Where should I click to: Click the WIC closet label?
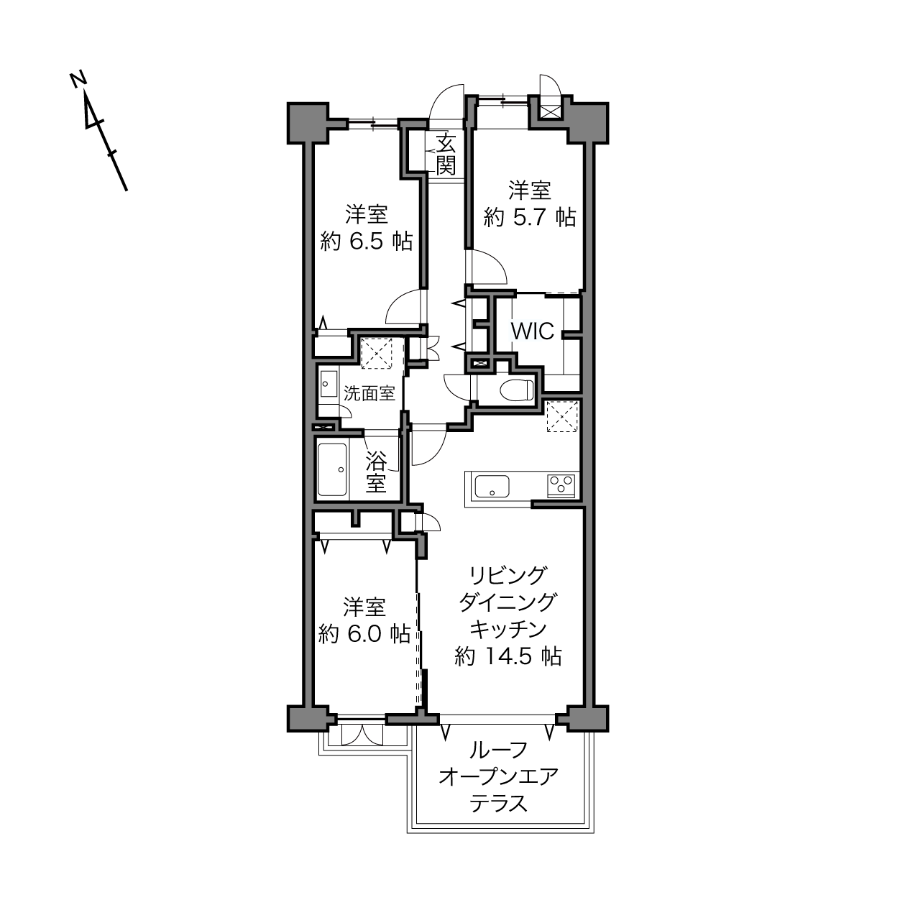533,331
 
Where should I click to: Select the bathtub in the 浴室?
333,469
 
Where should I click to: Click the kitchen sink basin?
492,486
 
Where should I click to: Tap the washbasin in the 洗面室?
329,385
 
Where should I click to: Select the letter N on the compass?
78,79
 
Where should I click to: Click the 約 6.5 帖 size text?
367,242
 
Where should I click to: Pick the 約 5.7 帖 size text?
530,217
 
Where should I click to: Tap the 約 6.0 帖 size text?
364,634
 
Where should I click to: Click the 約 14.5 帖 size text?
508,656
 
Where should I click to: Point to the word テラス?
498,817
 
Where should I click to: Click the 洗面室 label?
369,393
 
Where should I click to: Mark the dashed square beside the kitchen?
562,416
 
